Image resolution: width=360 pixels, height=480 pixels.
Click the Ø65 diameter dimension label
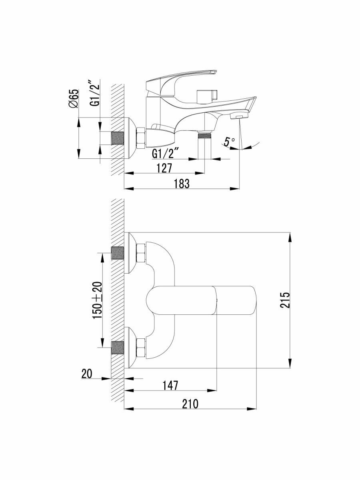74,98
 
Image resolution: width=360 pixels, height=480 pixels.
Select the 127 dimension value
164,168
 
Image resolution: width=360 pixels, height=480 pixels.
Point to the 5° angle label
229,141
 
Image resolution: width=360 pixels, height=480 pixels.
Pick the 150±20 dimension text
98,300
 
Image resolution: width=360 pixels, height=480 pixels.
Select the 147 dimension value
170,385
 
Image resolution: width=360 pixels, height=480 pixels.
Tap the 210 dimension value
190,404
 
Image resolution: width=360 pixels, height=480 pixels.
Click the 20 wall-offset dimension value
86,374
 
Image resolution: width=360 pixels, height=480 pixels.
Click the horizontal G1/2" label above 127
163,153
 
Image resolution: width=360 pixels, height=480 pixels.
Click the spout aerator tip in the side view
239,116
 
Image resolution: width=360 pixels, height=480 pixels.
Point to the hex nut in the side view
141,138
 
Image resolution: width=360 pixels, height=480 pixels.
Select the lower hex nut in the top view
141,347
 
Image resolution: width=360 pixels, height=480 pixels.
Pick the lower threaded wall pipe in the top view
118,347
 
